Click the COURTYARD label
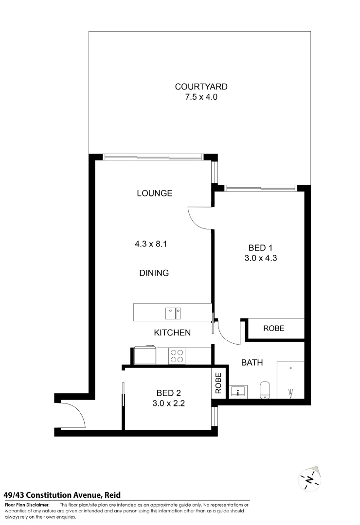pyautogui.click(x=201, y=87)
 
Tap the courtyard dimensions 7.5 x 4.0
pyautogui.click(x=201, y=97)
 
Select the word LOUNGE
pyautogui.click(x=154, y=193)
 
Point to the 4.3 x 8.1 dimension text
pyautogui.click(x=151, y=245)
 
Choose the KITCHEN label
pyautogui.click(x=172, y=333)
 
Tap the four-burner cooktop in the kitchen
pyautogui.click(x=176, y=356)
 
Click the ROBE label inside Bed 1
pyautogui.click(x=273, y=329)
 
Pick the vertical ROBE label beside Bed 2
pyautogui.click(x=218, y=383)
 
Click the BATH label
pyautogui.click(x=252, y=363)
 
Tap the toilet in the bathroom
pyautogui.click(x=265, y=389)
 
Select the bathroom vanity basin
pyautogui.click(x=237, y=391)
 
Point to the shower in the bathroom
pyautogui.click(x=290, y=381)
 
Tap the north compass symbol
pyautogui.click(x=310, y=479)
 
